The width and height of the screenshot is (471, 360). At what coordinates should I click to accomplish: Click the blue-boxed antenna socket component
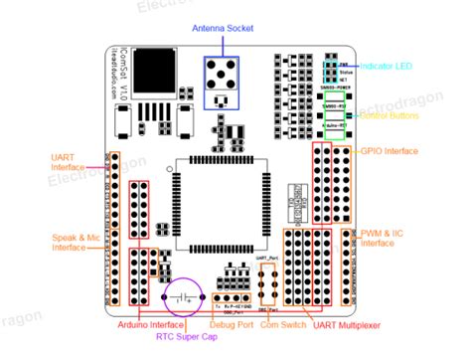(222, 79)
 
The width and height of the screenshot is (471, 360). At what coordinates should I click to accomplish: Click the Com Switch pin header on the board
(264, 287)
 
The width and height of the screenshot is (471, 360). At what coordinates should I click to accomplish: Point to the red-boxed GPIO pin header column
(322, 183)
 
